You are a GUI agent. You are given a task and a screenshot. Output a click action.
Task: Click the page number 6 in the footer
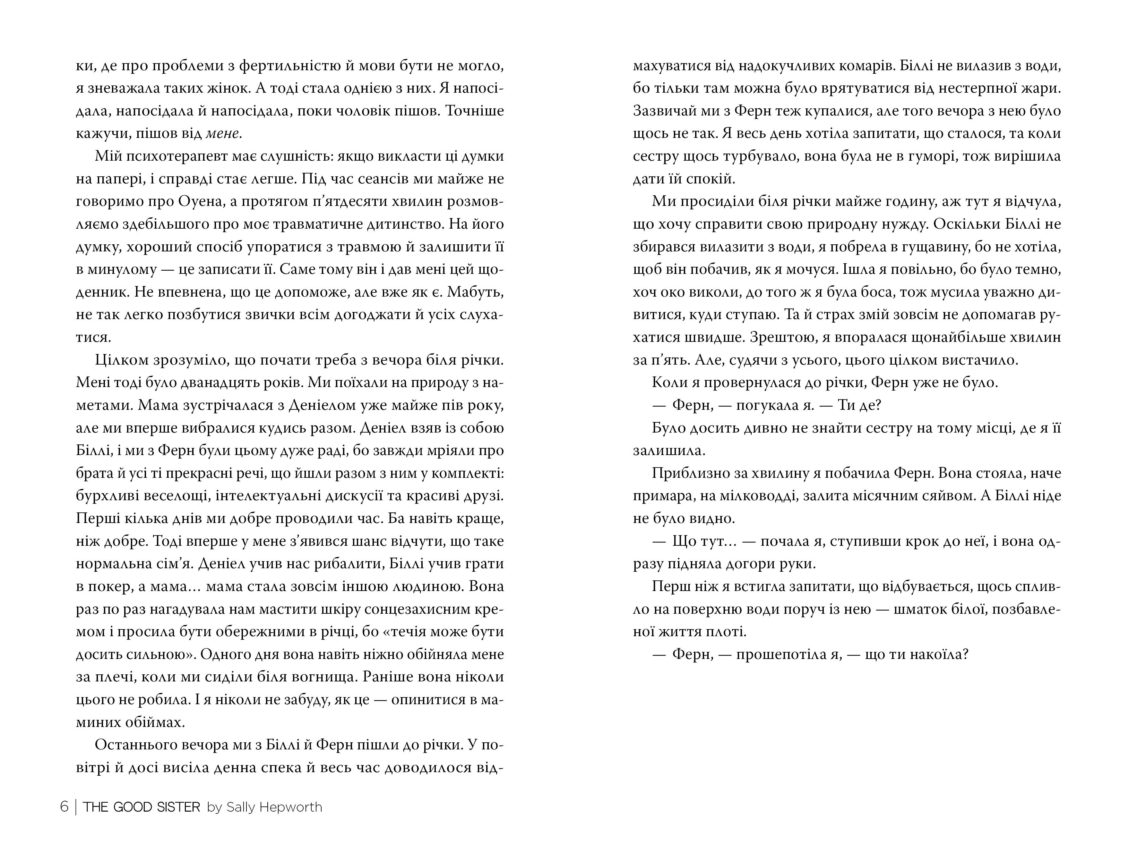pyautogui.click(x=64, y=807)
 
